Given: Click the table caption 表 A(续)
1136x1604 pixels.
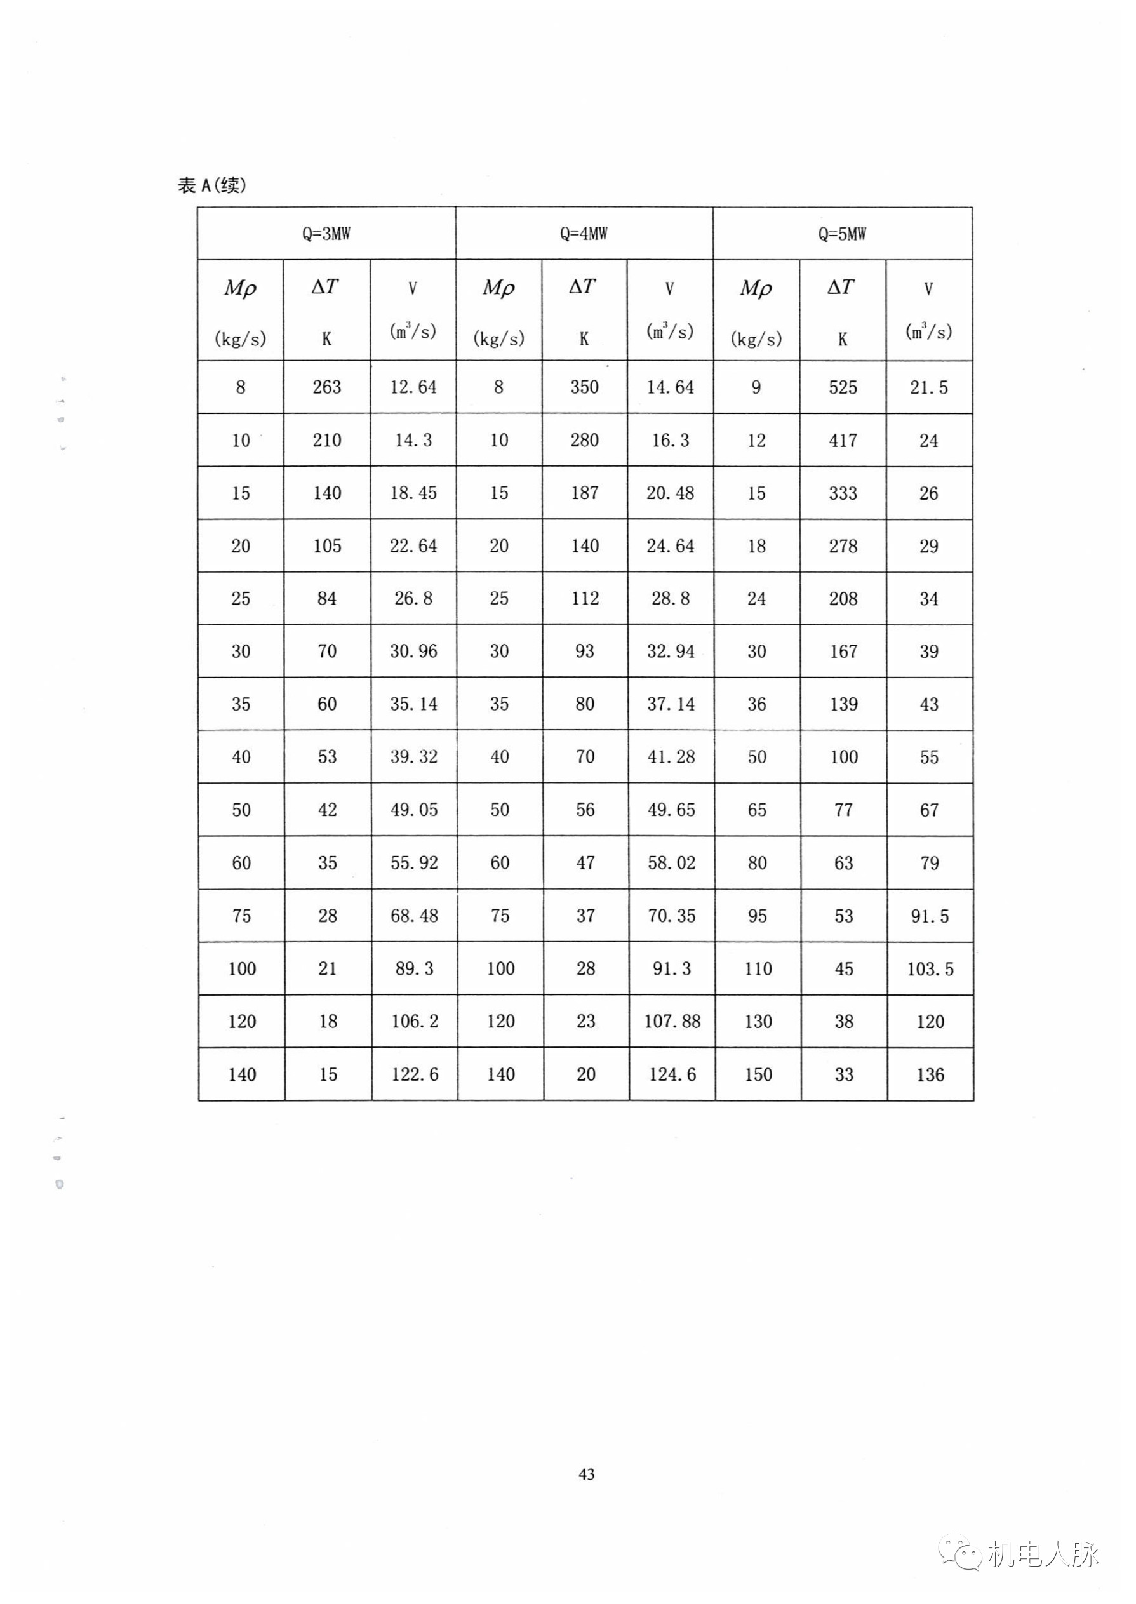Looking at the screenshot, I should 212,185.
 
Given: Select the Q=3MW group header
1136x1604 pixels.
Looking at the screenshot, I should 326,234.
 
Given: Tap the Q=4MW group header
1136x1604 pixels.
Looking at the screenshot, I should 584,234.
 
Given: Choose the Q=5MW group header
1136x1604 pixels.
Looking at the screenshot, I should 842,234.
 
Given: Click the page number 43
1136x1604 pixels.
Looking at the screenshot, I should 587,1474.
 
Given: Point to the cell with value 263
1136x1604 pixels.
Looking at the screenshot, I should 326,387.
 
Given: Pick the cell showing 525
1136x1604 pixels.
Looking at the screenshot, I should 843,387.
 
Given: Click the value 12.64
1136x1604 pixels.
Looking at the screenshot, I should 413,387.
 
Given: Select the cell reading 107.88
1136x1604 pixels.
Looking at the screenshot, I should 672,1021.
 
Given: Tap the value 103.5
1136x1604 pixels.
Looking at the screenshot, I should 930,969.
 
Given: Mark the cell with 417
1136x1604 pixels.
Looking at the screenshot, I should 843,441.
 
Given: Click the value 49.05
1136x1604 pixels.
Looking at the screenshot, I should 413,810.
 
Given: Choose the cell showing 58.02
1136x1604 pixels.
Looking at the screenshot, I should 672,862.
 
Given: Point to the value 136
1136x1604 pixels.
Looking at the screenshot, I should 930,1074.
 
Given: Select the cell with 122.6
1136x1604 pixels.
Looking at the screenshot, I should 414,1074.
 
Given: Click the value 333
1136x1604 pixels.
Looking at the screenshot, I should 843,493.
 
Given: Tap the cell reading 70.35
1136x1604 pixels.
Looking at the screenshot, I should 672,916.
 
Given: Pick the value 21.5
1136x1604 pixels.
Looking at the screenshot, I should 928,387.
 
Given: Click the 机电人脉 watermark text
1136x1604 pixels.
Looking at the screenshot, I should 1044,1554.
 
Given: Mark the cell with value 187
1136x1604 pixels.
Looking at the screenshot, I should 584,493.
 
